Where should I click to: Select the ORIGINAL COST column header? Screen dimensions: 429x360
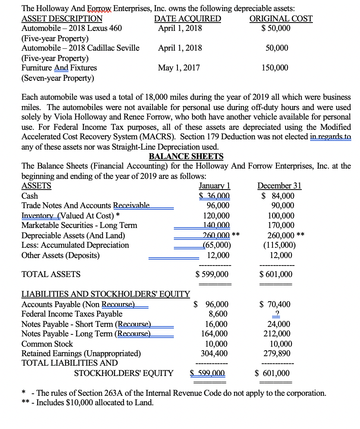point(281,19)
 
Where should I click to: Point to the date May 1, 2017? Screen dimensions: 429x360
point(179,68)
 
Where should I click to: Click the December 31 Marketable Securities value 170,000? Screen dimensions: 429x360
point(281,225)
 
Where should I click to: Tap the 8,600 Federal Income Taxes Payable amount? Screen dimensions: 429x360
point(218,314)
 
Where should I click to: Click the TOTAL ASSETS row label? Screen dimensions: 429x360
point(51,274)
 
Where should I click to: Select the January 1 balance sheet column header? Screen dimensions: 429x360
point(215,186)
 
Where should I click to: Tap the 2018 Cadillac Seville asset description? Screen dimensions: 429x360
point(80,48)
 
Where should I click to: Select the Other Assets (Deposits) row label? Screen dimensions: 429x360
point(60,255)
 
